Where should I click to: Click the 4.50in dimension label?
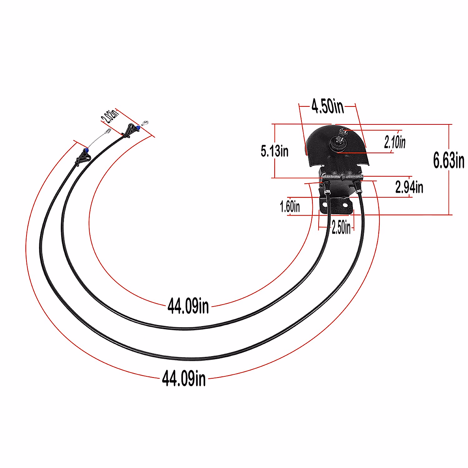[327, 106]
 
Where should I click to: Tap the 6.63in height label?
[448, 160]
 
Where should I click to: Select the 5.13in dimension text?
[275, 151]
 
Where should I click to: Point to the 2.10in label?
[395, 142]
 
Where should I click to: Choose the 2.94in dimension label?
[409, 187]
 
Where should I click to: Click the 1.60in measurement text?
[290, 206]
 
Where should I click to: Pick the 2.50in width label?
[341, 227]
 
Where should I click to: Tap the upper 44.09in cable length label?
[188, 306]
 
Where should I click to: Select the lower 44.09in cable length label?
[184, 378]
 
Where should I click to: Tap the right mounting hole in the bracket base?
[345, 205]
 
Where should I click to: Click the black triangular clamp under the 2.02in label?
[130, 130]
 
